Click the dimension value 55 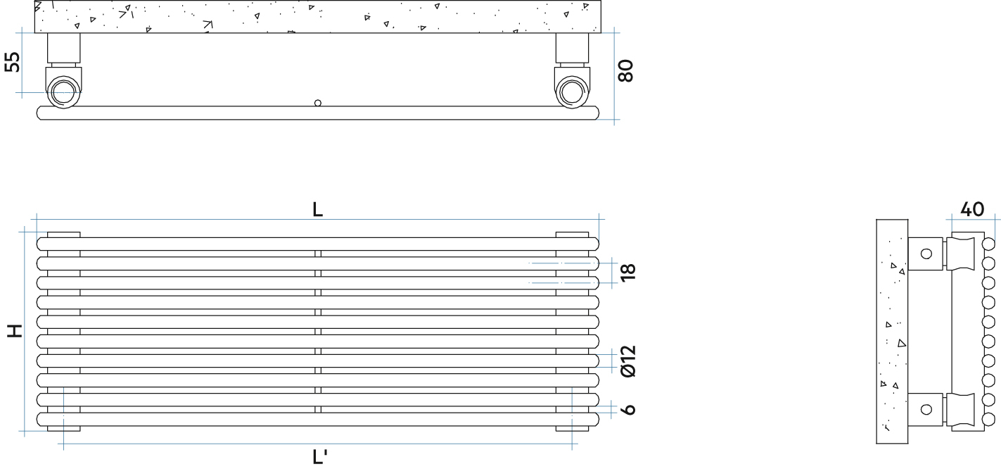(12, 62)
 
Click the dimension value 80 (625, 70)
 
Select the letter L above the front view (317, 209)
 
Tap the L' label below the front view (319, 457)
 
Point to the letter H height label (15, 331)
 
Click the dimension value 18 (628, 272)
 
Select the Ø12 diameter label (628, 361)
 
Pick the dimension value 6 (629, 409)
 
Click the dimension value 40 (972, 209)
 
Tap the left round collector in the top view (63, 92)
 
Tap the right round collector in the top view (572, 93)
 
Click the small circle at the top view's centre (318, 103)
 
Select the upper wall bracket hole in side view (926, 254)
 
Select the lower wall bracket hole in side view (926, 409)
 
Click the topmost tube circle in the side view (988, 244)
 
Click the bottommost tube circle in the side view (988, 419)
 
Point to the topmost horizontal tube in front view (318, 244)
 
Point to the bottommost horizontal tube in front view (318, 419)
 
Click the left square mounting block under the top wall (64, 48)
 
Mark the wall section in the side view (892, 332)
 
